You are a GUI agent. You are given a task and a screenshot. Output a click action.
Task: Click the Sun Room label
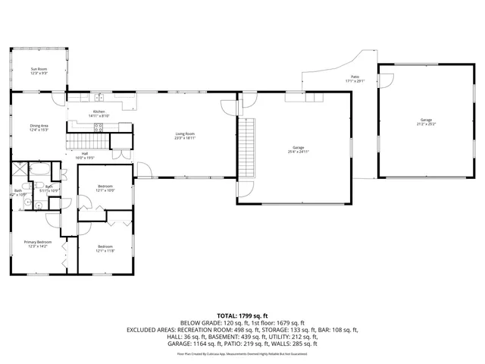pyautogui.click(x=38, y=71)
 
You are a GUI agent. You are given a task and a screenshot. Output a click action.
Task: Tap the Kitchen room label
pyautogui.click(x=99, y=114)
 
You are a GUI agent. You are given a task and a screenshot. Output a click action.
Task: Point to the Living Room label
pyautogui.click(x=185, y=136)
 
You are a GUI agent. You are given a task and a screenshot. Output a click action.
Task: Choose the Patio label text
pyautogui.click(x=355, y=79)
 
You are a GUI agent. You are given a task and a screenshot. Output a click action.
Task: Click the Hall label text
pyautogui.click(x=85, y=156)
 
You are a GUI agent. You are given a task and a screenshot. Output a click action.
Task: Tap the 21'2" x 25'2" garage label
pyautogui.click(x=426, y=122)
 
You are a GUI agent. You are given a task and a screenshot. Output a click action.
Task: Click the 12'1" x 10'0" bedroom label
pyautogui.click(x=105, y=188)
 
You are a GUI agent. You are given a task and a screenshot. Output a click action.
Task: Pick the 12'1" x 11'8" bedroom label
pyautogui.click(x=105, y=248)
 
